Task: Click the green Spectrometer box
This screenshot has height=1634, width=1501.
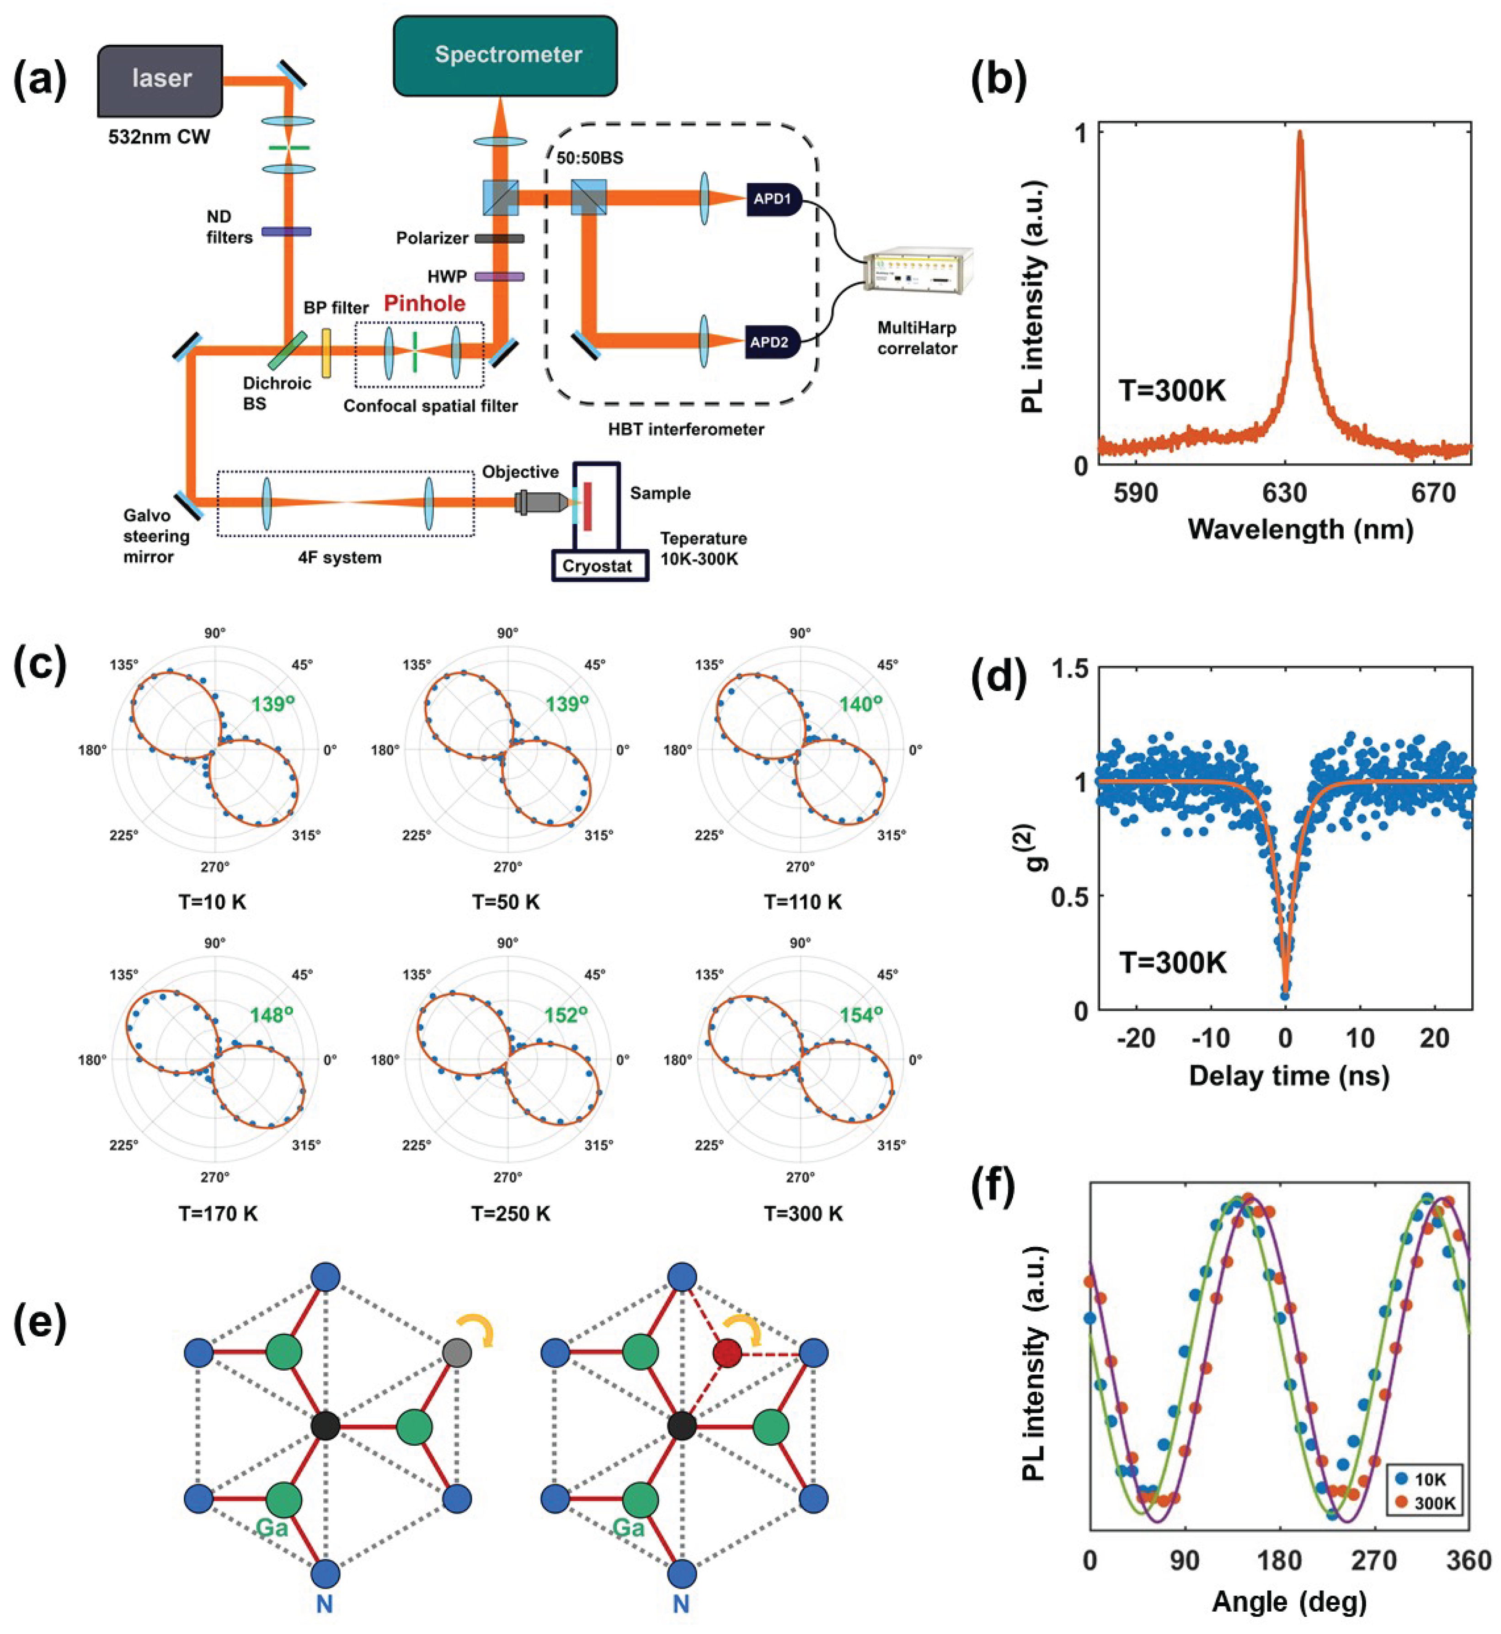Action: pyautogui.click(x=505, y=55)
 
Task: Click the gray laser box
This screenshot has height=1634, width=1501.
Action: pyautogui.click(x=161, y=80)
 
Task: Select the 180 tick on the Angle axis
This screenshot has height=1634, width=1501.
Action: pyautogui.click(x=1281, y=1560)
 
